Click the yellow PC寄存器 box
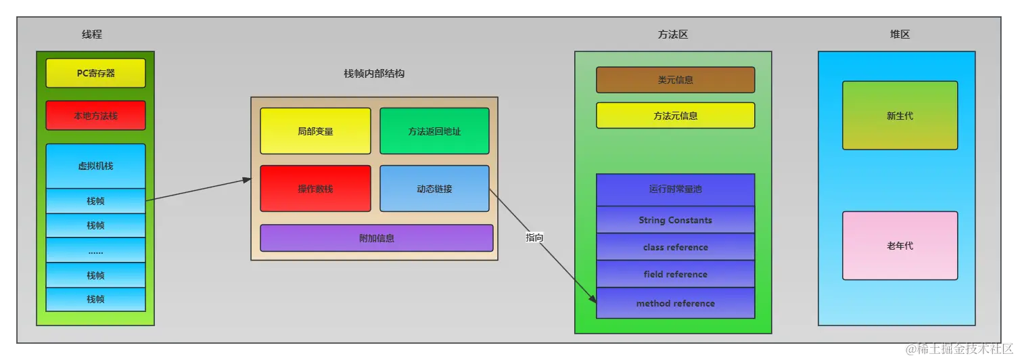[x=95, y=73]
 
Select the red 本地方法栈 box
[x=95, y=116]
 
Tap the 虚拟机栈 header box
[x=95, y=166]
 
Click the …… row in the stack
[x=95, y=250]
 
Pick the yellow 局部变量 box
[x=315, y=131]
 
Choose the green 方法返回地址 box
[x=434, y=131]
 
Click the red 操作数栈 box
[x=315, y=189]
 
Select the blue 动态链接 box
[x=434, y=189]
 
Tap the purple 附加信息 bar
[x=377, y=238]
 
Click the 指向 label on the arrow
[x=534, y=238]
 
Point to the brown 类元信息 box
[x=675, y=80]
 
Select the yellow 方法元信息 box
[x=675, y=116]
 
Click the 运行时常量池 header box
[x=675, y=189]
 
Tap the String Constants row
[x=675, y=220]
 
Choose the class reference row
[x=675, y=247]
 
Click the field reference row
[x=675, y=274]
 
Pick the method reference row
[x=675, y=303]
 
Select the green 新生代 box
[x=900, y=116]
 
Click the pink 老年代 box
[x=900, y=246]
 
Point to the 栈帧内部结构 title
[x=374, y=73]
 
